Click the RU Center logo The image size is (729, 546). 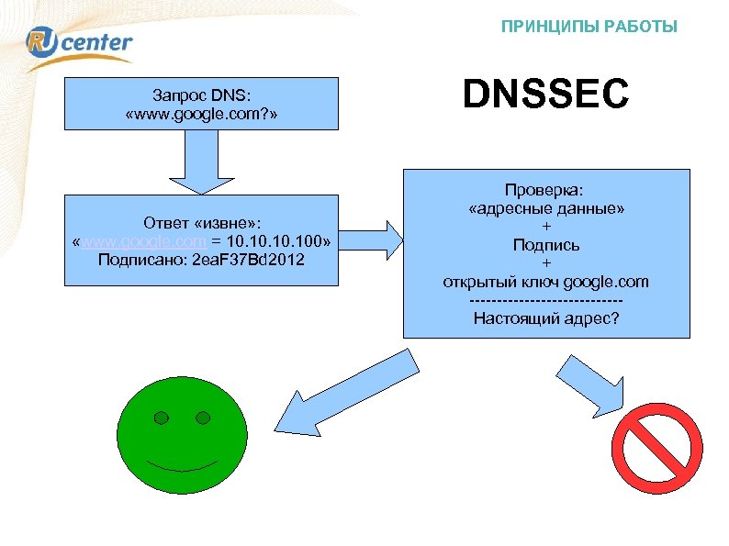81,45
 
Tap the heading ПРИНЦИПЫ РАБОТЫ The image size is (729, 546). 589,27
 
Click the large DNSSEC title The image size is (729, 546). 545,95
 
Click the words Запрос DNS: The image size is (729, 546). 201,94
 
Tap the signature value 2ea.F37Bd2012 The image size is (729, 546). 251,260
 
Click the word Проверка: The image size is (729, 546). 546,190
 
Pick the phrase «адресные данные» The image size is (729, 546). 546,208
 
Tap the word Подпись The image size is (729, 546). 546,245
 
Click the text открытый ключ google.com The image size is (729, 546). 546,282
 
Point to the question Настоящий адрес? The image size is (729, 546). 546,318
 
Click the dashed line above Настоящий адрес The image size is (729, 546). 546,300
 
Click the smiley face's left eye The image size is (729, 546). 162,418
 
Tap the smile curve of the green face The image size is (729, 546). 183,465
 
